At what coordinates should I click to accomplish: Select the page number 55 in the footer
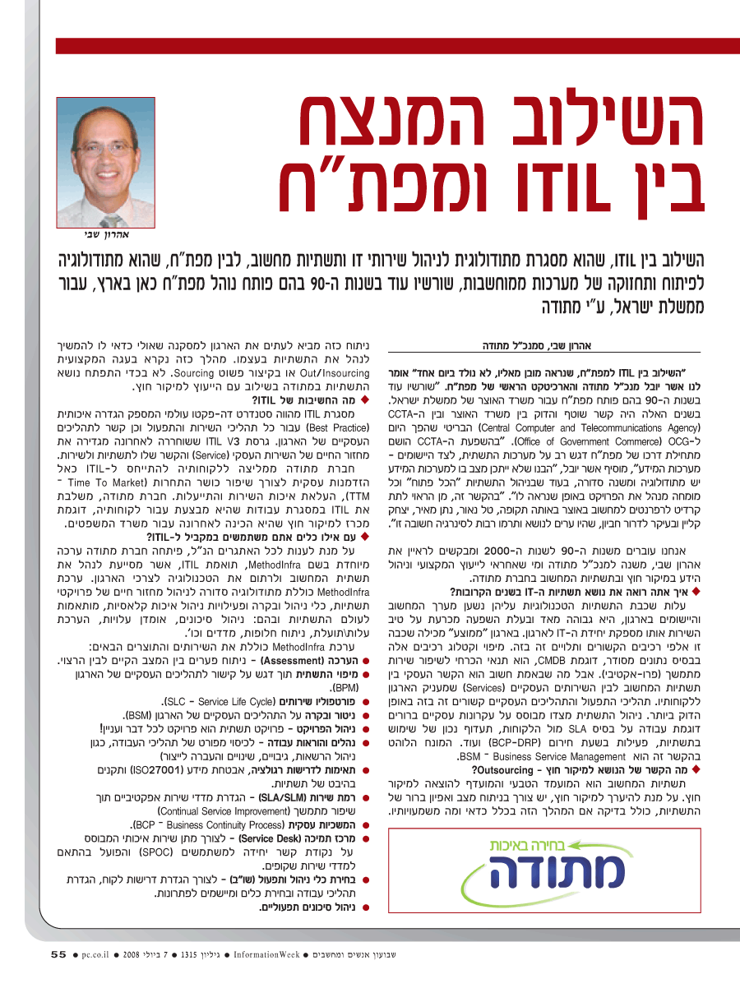click(x=58, y=955)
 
